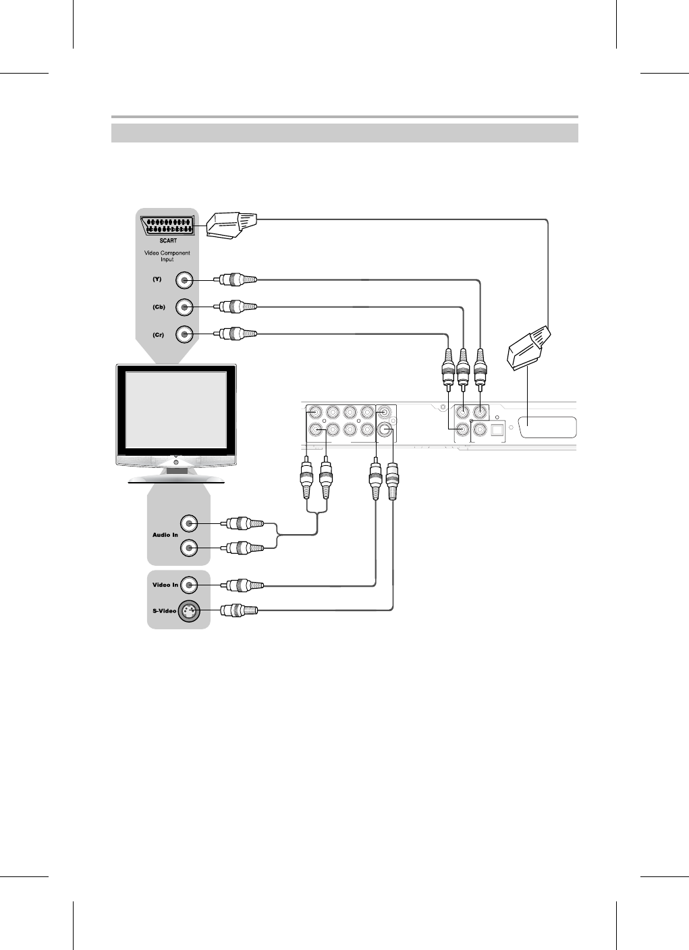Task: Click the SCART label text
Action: (168, 240)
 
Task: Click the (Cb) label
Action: (159, 307)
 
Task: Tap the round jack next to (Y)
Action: (185, 280)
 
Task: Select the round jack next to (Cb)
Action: (185, 307)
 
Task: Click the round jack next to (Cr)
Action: (185, 334)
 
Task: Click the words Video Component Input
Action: (167, 256)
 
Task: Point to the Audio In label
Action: (165, 535)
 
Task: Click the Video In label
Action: (165, 585)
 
